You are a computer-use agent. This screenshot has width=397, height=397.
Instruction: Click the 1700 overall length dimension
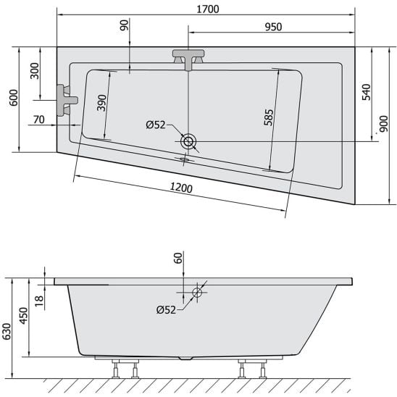(208, 9)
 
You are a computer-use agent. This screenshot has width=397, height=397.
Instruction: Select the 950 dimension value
(273, 27)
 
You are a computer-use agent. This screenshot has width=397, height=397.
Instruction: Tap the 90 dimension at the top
(125, 25)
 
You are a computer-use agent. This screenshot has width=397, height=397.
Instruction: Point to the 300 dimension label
(35, 71)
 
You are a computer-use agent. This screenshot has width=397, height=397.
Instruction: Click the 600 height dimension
(14, 98)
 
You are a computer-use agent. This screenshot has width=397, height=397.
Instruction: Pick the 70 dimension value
(39, 120)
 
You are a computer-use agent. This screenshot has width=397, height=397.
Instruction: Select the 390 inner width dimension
(101, 103)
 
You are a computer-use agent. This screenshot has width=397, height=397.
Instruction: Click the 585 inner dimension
(269, 117)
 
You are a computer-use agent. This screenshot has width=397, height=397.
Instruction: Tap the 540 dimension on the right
(366, 92)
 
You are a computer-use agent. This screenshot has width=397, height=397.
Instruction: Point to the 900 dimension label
(384, 124)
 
